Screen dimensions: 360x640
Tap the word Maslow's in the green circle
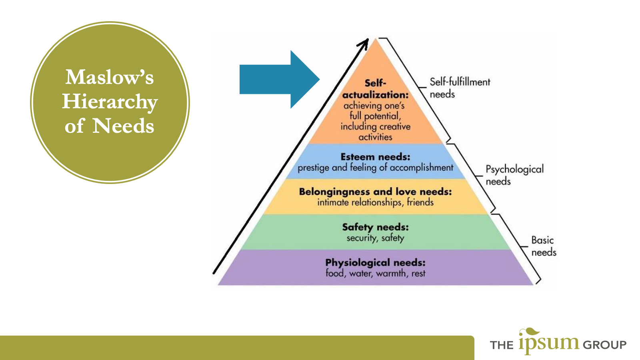pos(109,77)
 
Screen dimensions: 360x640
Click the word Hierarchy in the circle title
pos(110,102)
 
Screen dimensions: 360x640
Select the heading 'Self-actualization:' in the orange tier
pos(375,89)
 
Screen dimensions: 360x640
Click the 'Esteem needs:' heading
pos(375,157)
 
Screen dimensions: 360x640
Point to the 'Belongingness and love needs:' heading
pos(375,192)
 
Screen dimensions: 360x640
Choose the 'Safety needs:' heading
pos(375,227)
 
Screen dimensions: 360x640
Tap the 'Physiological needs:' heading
pos(375,263)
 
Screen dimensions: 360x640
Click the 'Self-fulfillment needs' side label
pos(459,88)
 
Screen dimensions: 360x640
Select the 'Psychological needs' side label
pos(514,175)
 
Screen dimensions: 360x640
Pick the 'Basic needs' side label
pos(543,246)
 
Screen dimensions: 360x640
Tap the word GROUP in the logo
pos(604,345)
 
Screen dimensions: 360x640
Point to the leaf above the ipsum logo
pos(530,332)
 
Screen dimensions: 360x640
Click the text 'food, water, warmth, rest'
pos(375,274)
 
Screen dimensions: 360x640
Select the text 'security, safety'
pos(375,238)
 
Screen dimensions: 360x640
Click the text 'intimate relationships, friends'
pos(375,202)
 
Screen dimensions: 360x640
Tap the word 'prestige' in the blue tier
pos(314,168)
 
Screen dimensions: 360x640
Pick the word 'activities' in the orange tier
pos(375,137)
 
